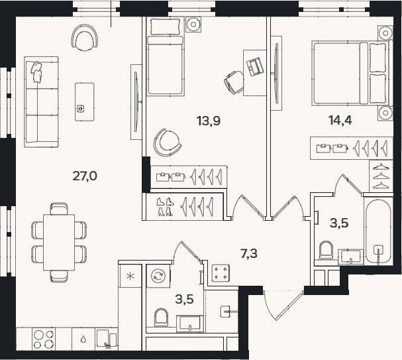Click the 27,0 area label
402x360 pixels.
point(85,176)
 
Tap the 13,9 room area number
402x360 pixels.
point(209,121)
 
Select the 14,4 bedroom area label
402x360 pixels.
point(340,120)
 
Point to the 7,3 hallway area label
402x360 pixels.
point(249,253)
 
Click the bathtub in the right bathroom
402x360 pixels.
point(378,231)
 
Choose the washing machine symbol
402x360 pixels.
point(158,276)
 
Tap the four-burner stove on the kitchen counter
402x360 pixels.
point(44,339)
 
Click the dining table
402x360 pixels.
point(59,243)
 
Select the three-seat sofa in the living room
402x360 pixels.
point(41,102)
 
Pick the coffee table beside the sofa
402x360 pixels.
point(85,102)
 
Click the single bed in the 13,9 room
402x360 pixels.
point(166,57)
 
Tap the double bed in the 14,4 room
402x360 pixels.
point(352,74)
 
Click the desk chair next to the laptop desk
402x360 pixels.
point(234,83)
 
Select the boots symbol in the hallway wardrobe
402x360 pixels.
point(165,207)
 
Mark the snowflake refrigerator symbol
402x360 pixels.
point(130,276)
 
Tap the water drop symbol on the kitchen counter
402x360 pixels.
point(83,339)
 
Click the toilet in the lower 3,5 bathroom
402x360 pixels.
point(161,318)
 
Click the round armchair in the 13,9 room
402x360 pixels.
point(168,143)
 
